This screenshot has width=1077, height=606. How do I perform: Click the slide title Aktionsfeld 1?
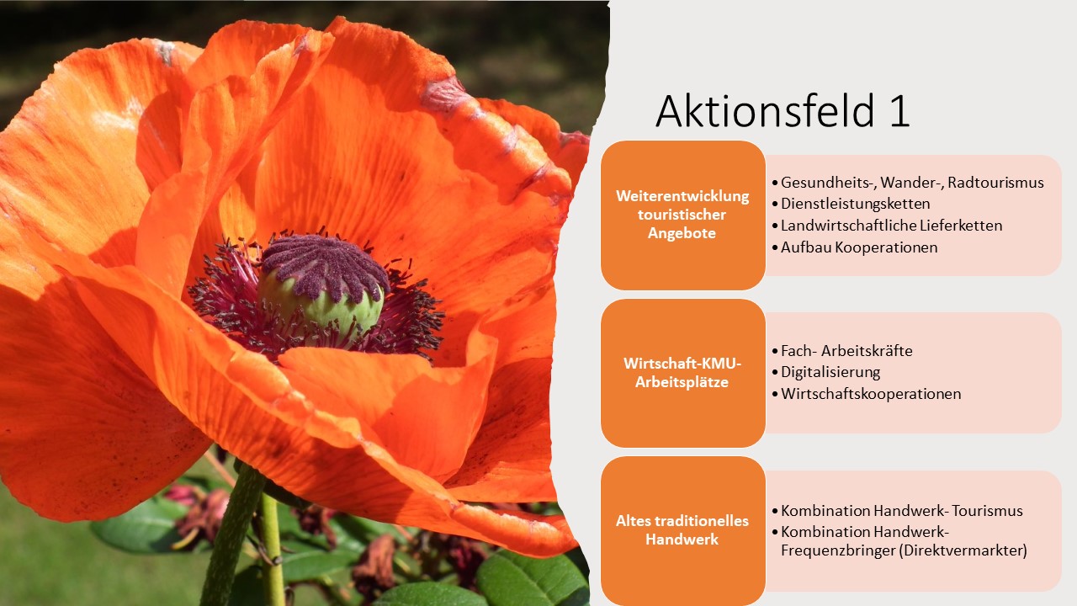783,112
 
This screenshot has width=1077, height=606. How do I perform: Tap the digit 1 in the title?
899,112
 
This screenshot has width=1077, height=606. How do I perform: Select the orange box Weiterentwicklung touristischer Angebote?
682,215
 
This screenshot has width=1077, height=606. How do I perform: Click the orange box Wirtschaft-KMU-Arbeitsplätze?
682,373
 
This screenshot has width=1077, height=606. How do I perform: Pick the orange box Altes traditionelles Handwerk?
682,531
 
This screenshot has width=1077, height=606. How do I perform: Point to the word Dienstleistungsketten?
856,204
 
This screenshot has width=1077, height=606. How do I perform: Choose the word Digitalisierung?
830,372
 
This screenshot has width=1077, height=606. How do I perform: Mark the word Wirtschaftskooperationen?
871,394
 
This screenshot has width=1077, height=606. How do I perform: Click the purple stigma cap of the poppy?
325,266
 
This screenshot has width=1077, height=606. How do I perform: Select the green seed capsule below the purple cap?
321,308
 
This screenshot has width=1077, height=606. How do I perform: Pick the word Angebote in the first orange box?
682,234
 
